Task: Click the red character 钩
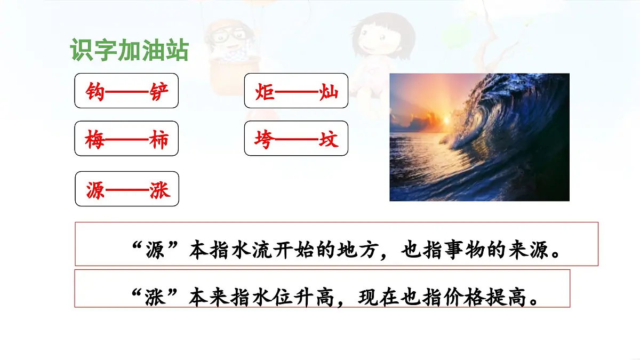[x=95, y=92]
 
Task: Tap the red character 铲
[x=158, y=92]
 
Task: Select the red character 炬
[x=265, y=92]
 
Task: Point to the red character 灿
[x=328, y=92]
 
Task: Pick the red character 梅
[x=95, y=140]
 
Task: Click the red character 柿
[x=158, y=140]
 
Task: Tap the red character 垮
[x=265, y=140]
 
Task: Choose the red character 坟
[x=328, y=140]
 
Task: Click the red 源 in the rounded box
[x=95, y=190]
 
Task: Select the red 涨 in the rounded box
[x=158, y=190]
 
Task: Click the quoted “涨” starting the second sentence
[x=155, y=297]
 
